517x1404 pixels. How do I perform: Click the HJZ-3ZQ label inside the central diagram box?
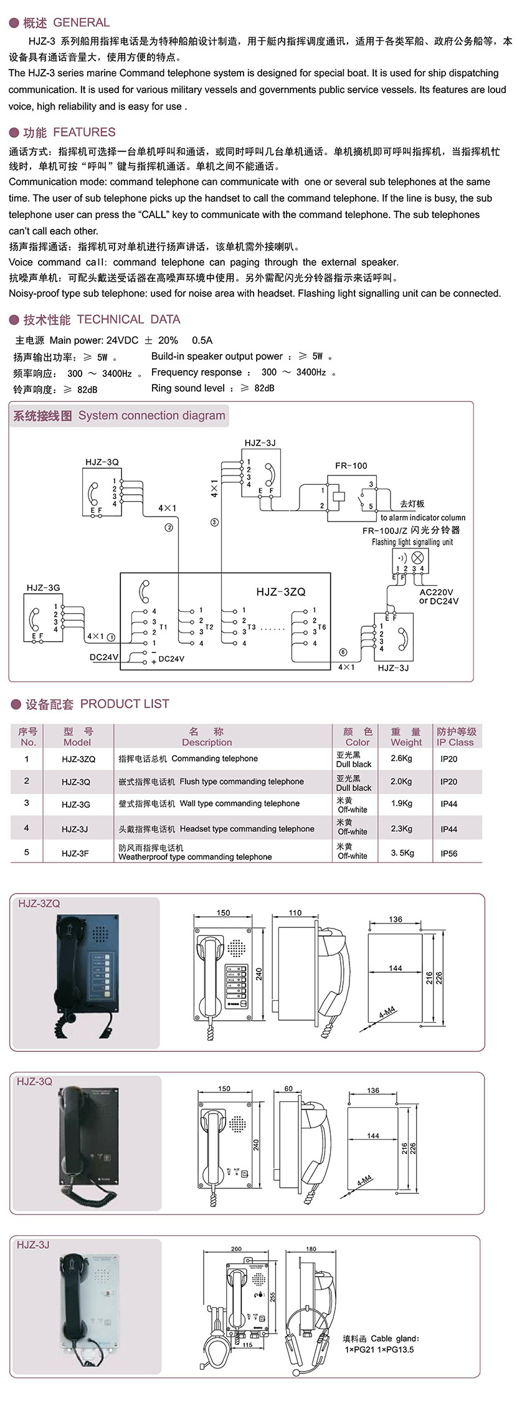pyautogui.click(x=281, y=592)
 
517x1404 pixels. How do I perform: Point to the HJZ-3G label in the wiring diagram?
pyautogui.click(x=43, y=588)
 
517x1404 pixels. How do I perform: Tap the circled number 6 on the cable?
pyautogui.click(x=343, y=652)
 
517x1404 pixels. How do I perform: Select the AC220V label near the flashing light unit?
pyautogui.click(x=436, y=593)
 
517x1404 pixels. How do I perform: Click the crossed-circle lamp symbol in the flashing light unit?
pyautogui.click(x=417, y=557)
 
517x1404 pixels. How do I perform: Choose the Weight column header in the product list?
pyautogui.click(x=406, y=737)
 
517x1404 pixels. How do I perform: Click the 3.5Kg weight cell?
pyautogui.click(x=402, y=852)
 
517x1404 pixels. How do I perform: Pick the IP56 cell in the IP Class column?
pyautogui.click(x=448, y=853)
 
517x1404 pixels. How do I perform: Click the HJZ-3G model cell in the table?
pyautogui.click(x=76, y=805)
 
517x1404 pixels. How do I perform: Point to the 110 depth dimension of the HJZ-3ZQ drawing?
pyautogui.click(x=295, y=913)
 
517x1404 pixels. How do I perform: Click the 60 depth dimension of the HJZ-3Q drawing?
pyautogui.click(x=288, y=1089)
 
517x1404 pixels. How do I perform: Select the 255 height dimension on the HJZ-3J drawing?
pyautogui.click(x=273, y=1297)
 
